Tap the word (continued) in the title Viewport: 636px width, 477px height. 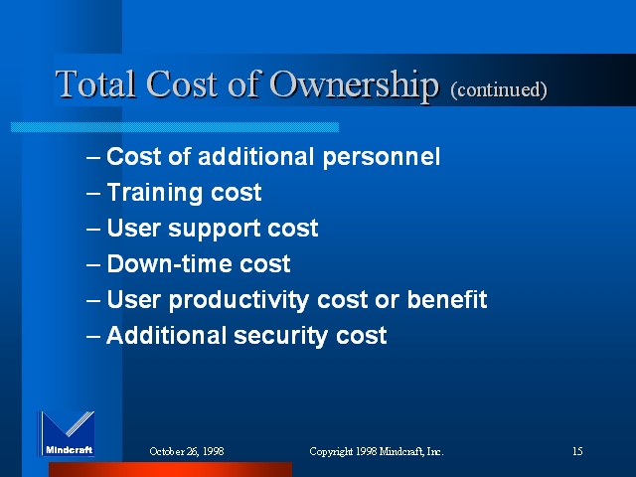(x=499, y=89)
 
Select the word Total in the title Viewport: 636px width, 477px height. (x=95, y=83)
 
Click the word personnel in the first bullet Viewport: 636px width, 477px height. (x=382, y=157)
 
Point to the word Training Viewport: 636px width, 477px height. (x=155, y=193)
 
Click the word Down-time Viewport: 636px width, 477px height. (x=170, y=263)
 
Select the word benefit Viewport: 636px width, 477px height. (x=447, y=299)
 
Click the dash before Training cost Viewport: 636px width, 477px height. (x=93, y=193)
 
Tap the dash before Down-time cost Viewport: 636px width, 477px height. (x=93, y=264)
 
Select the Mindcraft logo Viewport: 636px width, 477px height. (x=67, y=433)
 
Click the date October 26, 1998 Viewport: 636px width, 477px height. (x=187, y=451)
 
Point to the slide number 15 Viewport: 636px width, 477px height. (x=577, y=451)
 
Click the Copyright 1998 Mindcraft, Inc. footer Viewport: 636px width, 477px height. (x=377, y=451)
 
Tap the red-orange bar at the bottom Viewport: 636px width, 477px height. (x=170, y=469)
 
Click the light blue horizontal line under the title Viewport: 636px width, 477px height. (x=175, y=127)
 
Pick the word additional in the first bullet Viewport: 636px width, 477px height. (x=256, y=157)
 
